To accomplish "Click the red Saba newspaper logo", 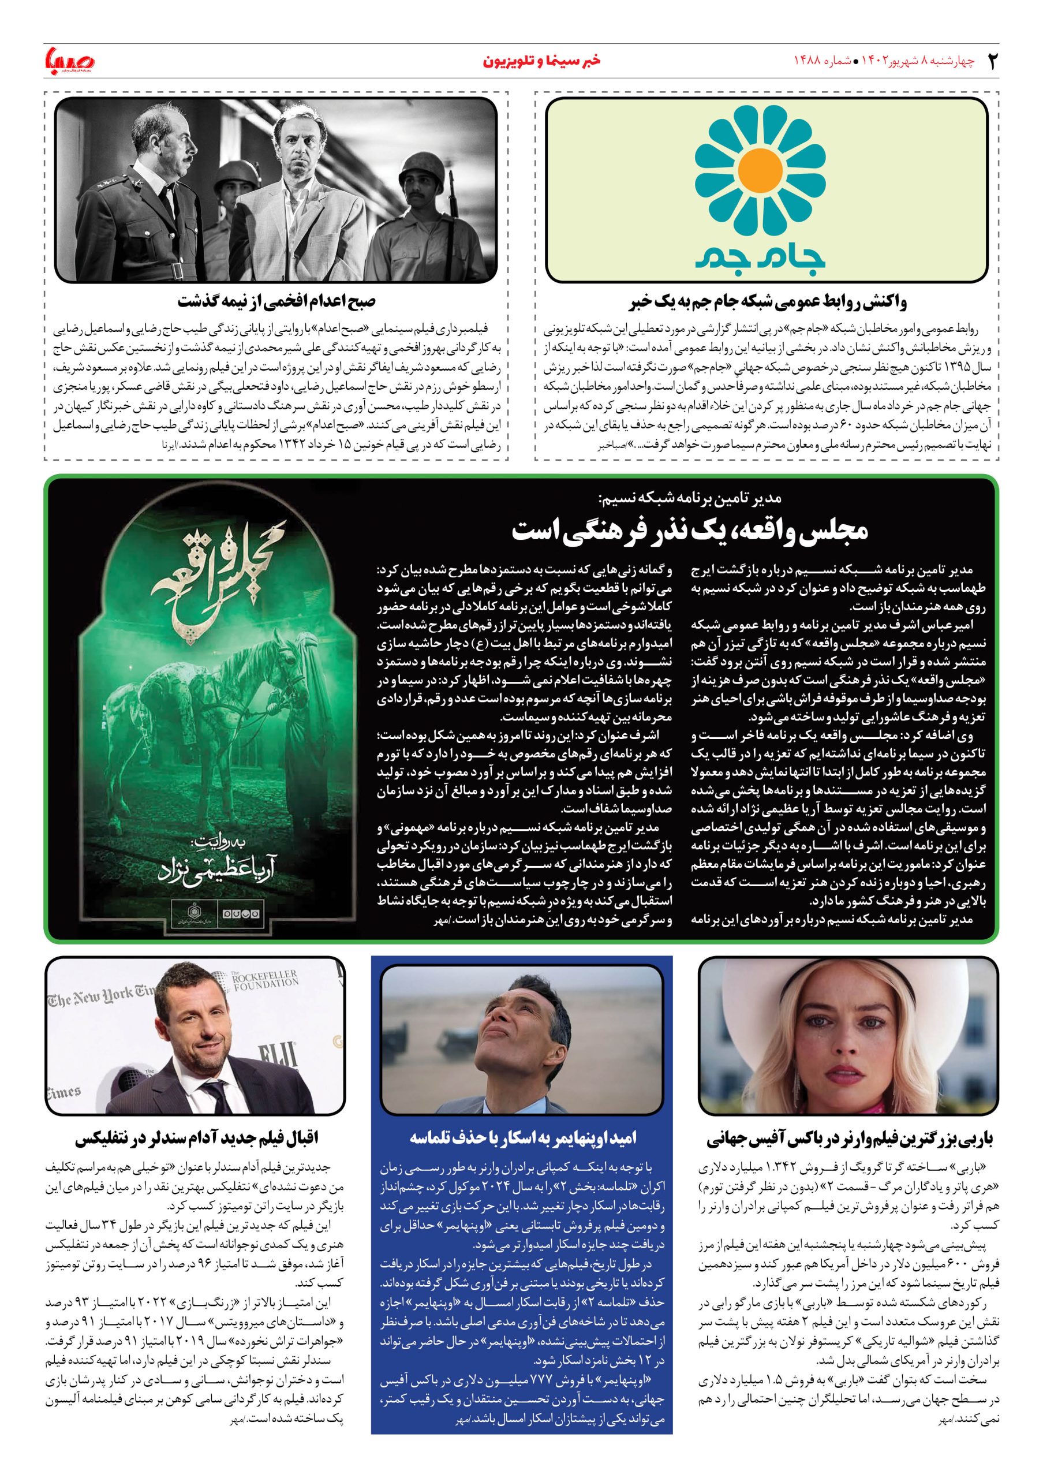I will pyautogui.click(x=69, y=61).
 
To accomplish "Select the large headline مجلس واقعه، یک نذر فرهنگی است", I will pyautogui.click(x=690, y=530).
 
